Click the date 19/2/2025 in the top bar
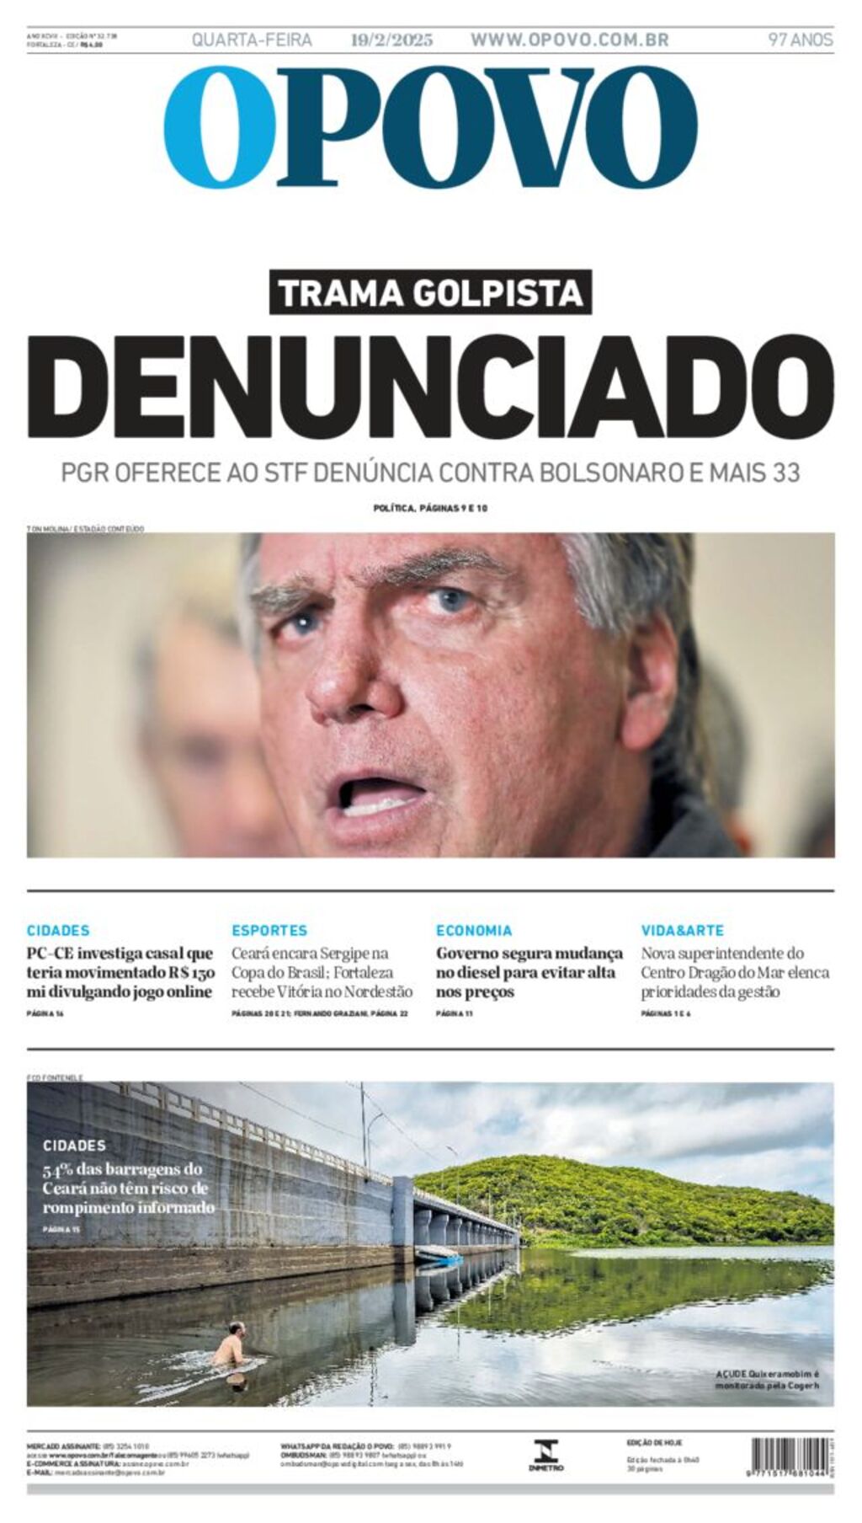click(x=391, y=40)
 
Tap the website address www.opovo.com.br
click(x=569, y=40)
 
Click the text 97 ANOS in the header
click(x=800, y=40)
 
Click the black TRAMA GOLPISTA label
click(x=430, y=293)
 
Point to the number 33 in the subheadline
click(x=785, y=473)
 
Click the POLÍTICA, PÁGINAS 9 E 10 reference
click(x=430, y=508)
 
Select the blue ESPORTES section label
click(x=269, y=931)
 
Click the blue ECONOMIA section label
click(x=474, y=931)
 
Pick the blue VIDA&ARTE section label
click(x=682, y=931)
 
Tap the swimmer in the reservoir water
click(x=232, y=1349)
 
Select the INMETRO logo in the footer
click(x=545, y=1455)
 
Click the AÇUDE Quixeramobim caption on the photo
click(x=766, y=1380)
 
